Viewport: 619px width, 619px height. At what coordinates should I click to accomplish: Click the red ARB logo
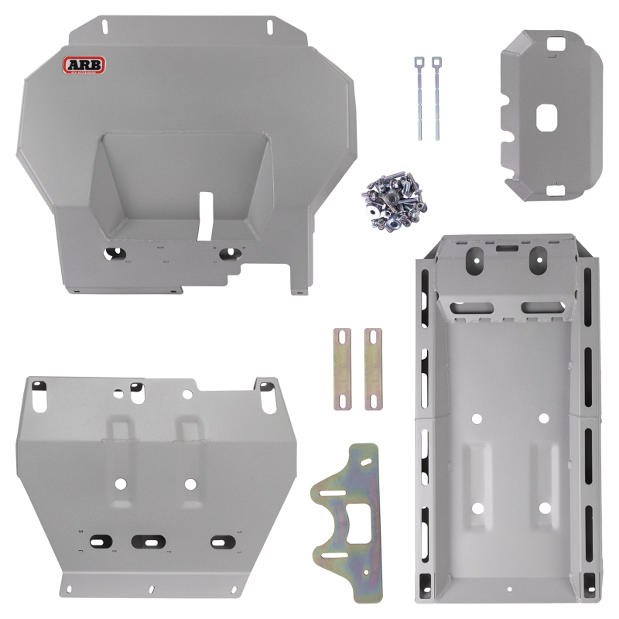point(84,66)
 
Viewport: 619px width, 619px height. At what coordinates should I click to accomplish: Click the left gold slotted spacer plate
point(344,368)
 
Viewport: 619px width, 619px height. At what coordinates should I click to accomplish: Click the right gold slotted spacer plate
point(372,368)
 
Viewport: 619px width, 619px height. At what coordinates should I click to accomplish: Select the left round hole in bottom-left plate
point(120,484)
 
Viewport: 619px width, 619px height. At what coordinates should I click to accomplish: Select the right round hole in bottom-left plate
point(190,484)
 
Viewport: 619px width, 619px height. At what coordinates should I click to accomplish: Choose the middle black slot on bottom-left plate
point(148,541)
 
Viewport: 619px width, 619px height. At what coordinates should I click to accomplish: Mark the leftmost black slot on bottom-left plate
point(100,540)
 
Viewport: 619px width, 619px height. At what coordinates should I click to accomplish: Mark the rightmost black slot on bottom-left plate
point(222,541)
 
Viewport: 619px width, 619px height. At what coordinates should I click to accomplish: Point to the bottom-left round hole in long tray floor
point(477,508)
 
